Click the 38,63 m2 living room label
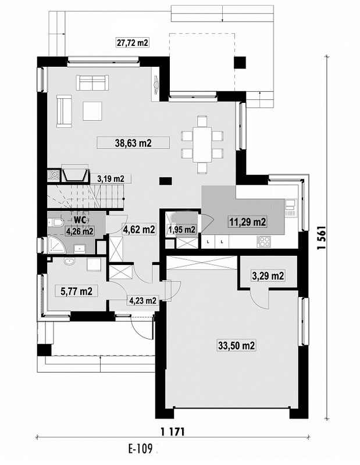click(x=133, y=143)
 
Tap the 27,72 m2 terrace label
click(x=133, y=42)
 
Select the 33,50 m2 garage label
click(x=237, y=345)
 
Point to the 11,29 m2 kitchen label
click(x=247, y=221)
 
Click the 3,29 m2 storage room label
click(x=268, y=276)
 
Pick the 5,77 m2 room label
click(x=76, y=291)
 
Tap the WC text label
click(x=80, y=220)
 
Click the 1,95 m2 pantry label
click(x=182, y=229)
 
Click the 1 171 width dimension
click(x=172, y=431)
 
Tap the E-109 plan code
click(x=140, y=449)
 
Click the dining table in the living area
click(x=202, y=145)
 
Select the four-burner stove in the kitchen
click(x=265, y=241)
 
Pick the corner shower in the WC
click(x=56, y=245)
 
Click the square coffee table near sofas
click(x=92, y=111)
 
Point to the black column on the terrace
click(x=240, y=63)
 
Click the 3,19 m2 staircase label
click(x=111, y=178)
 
